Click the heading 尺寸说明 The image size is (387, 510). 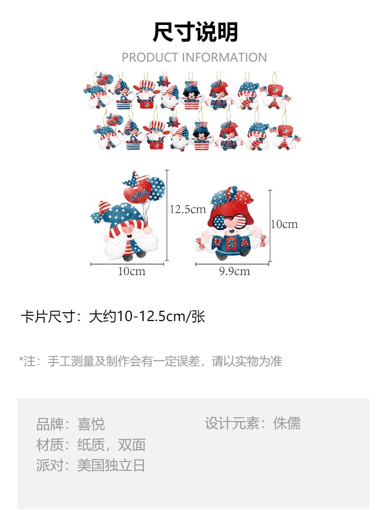click(195, 32)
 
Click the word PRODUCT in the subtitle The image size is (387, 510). click(150, 57)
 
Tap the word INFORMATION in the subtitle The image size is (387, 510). click(224, 57)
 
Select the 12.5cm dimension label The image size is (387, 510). click(188, 209)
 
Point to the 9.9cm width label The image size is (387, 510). click(234, 271)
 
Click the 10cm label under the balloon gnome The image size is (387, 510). click(131, 271)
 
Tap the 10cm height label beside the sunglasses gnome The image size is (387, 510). click(285, 224)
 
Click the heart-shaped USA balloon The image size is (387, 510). click(139, 193)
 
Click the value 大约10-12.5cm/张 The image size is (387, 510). click(146, 317)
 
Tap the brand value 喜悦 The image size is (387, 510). click(91, 424)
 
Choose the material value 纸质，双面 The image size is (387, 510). click(111, 445)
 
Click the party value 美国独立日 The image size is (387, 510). click(111, 465)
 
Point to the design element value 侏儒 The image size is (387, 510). click(287, 423)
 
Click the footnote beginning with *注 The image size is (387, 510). click(150, 362)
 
